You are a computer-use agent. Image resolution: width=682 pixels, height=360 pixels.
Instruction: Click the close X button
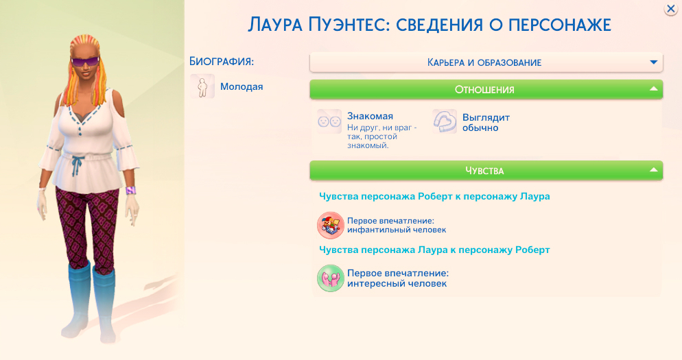click(x=670, y=9)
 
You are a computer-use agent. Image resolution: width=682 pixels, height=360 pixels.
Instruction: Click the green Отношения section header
click(x=484, y=89)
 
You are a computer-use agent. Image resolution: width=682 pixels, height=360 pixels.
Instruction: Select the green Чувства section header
click(x=484, y=170)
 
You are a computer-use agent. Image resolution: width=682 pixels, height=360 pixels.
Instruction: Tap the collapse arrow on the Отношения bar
click(x=654, y=89)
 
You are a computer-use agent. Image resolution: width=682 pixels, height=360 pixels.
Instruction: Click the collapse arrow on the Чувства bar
click(x=654, y=170)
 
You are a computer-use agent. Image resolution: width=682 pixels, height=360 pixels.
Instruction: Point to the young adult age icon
click(x=202, y=87)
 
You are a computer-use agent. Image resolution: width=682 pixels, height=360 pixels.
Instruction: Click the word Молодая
click(x=242, y=87)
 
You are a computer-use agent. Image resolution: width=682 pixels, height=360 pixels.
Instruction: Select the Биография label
click(x=222, y=62)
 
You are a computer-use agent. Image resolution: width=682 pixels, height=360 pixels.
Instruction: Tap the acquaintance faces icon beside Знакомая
click(x=329, y=121)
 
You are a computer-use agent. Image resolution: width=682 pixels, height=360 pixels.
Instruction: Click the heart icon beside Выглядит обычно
click(x=445, y=121)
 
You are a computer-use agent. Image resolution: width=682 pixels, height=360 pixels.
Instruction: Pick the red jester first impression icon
click(x=330, y=225)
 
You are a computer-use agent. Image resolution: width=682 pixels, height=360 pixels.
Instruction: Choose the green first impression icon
click(x=330, y=278)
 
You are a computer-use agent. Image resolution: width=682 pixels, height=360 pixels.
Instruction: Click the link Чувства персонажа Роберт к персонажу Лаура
click(x=434, y=196)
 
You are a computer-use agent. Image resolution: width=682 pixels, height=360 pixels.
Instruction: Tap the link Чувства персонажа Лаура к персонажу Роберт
click(x=434, y=250)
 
